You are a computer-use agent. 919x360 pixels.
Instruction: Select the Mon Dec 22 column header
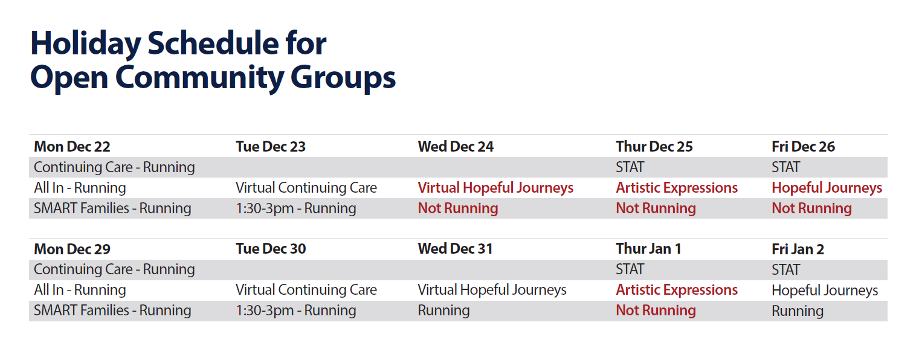point(72,147)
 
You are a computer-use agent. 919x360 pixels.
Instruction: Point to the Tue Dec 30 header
point(271,249)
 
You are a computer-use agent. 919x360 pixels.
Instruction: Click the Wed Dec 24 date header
point(456,147)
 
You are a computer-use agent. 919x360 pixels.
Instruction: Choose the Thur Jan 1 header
point(648,249)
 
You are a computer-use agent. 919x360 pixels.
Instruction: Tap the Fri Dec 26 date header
point(803,147)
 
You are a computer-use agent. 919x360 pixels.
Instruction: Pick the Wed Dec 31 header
point(455,249)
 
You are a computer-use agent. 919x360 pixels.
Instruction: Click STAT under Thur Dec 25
point(630,167)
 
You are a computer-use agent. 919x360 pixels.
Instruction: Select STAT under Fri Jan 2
point(785,269)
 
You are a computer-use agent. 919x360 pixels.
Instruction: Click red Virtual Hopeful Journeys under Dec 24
point(495,188)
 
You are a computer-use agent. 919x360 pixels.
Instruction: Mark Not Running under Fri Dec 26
point(811,208)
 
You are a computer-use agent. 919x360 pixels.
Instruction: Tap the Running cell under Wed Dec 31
point(443,310)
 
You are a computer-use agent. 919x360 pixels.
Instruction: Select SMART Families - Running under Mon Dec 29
point(112,310)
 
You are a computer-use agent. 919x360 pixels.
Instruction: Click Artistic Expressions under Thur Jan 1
point(677,290)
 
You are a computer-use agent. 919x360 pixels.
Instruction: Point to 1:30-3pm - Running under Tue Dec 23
point(295,208)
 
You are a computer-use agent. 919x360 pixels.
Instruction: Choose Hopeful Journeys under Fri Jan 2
point(825,291)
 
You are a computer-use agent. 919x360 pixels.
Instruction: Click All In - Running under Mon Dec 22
point(80,188)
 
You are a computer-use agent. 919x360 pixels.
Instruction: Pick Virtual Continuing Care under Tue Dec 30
point(306,290)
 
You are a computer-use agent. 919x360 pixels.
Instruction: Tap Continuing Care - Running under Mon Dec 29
point(114,269)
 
